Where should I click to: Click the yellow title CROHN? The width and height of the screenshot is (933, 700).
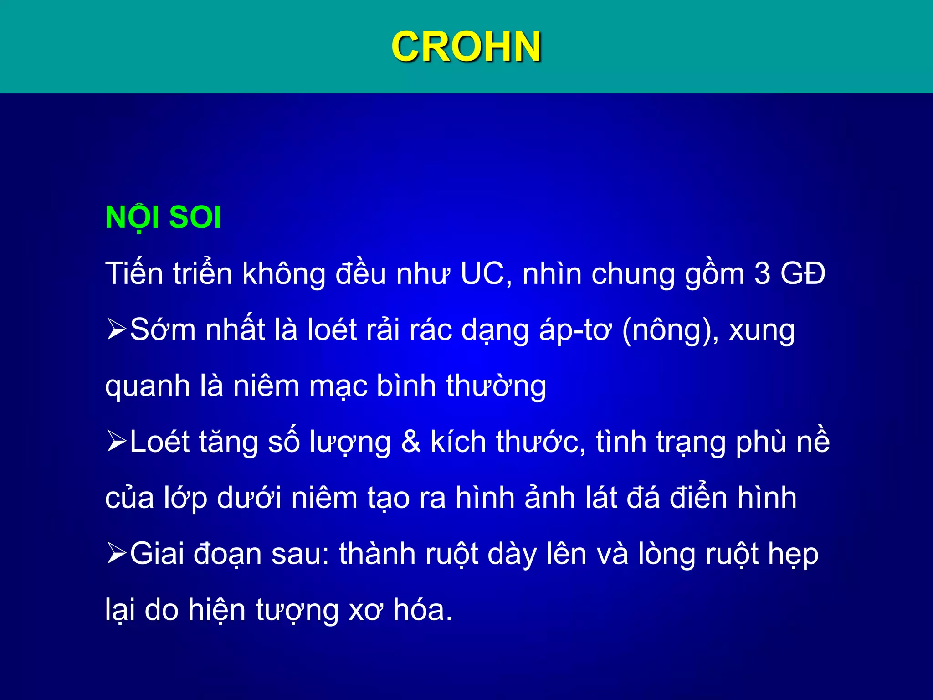(466, 46)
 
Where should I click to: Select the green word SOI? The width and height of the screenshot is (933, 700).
(195, 217)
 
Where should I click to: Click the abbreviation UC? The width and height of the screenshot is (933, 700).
(486, 274)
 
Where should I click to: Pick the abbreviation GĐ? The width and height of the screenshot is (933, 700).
(803, 274)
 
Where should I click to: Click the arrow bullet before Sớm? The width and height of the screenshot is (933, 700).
(116, 329)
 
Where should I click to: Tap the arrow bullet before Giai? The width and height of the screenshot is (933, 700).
(116, 554)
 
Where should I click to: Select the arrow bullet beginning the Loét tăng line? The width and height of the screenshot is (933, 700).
(116, 442)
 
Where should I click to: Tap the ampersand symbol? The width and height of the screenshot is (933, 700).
(411, 442)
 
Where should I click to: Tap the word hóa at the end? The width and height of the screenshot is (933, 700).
(422, 609)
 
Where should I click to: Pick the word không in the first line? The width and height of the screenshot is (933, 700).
(283, 274)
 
